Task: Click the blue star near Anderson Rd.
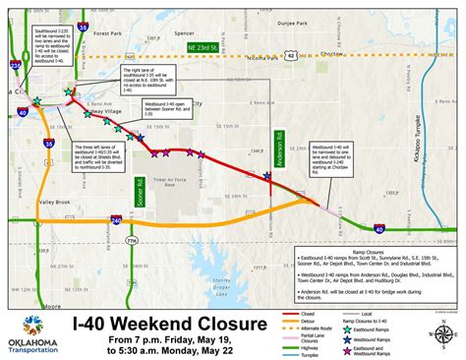point(267,176)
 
